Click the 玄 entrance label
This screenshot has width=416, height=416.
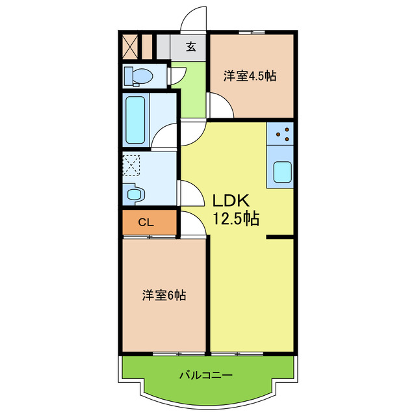pos(191,47)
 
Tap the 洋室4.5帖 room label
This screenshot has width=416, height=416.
pos(250,76)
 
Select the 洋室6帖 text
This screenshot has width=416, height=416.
pos(164,296)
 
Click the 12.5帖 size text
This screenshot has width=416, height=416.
pos(237,218)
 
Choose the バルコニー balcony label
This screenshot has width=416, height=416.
pos(205,375)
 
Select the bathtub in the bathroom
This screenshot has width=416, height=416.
pos(136,120)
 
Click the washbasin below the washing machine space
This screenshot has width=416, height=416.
pos(135,193)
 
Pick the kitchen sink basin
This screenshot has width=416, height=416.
pos(282,172)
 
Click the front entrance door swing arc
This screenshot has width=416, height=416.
pos(192,18)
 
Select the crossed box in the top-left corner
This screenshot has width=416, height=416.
pos(129,47)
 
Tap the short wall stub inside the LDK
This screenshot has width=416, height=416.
pos(279,237)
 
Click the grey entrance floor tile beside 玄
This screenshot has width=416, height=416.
pos(178,47)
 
